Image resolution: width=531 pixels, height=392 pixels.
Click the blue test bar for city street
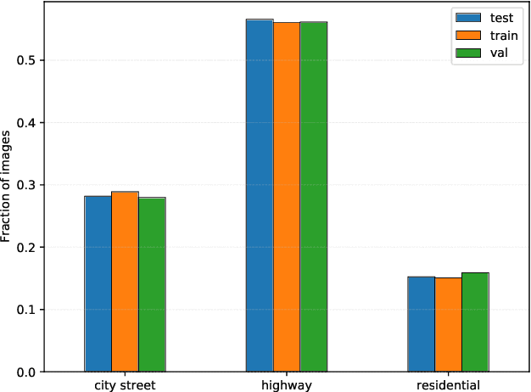point(98,283)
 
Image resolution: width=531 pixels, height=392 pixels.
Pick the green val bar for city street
point(152,284)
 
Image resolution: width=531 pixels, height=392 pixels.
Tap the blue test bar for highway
point(260,195)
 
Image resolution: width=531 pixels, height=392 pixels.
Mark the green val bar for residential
point(475,322)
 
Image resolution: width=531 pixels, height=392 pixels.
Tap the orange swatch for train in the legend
point(467,36)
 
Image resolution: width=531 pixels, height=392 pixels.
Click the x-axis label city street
point(125,385)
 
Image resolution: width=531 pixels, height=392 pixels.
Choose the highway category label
point(287,385)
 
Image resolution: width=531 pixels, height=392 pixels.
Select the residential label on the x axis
point(448,385)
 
